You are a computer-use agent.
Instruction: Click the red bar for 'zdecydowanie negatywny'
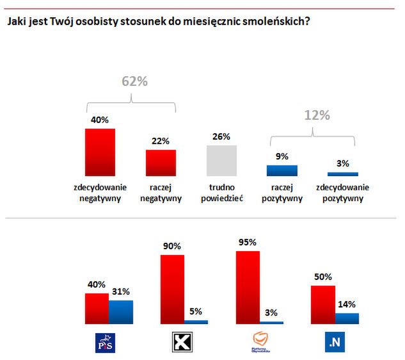coord(100,152)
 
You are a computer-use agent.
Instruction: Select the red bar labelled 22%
coord(161,163)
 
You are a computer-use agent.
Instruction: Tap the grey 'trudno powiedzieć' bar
coord(221,160)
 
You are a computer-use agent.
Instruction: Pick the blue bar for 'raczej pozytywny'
coord(282,170)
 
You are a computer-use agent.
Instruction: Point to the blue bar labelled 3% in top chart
coord(342,174)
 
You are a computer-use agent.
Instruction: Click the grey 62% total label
coord(134,81)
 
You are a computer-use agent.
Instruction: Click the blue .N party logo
coord(335,343)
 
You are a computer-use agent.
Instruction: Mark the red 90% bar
coord(172,289)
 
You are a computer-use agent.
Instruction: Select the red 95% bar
coord(248,287)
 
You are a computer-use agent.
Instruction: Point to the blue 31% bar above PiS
coord(120,312)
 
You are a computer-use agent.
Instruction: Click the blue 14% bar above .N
coord(347,318)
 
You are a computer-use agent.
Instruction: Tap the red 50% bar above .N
coord(323,304)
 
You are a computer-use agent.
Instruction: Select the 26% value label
coord(221,137)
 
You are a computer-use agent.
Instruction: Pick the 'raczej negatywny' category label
coord(161,193)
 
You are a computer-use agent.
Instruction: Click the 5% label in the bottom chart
coord(196,312)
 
